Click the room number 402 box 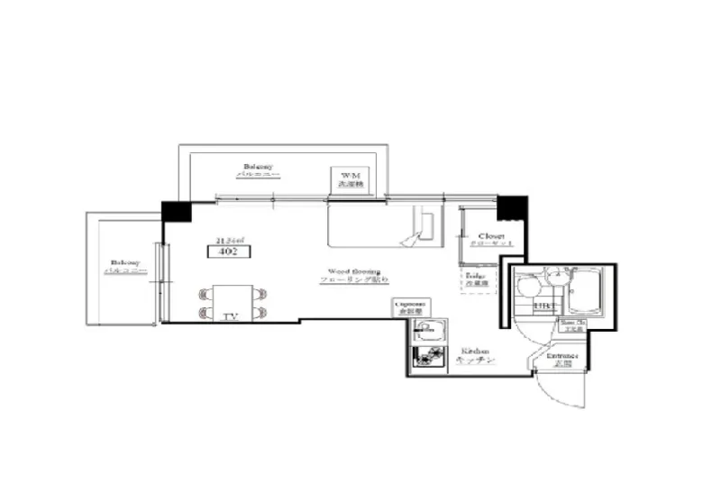pyautogui.click(x=226, y=253)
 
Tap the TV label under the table pyautogui.click(x=229, y=316)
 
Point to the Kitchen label pyautogui.click(x=474, y=354)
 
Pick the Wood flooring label pyautogui.click(x=353, y=275)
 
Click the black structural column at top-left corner pyautogui.click(x=177, y=212)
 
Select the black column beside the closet pyautogui.click(x=511, y=207)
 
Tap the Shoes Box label pyautogui.click(x=573, y=324)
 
